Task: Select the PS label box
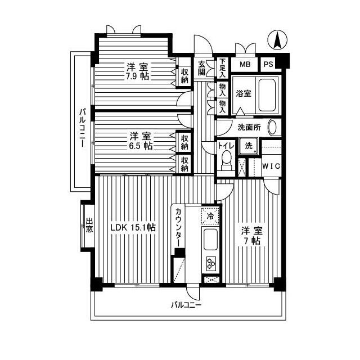(x=268, y=64)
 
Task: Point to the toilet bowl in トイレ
(x=227, y=159)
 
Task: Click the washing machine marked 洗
(x=249, y=146)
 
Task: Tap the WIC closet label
(x=272, y=166)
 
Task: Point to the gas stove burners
(x=210, y=263)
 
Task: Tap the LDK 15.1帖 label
(x=133, y=228)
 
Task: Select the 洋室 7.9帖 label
(x=137, y=71)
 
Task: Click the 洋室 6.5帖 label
(x=140, y=141)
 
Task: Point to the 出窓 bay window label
(x=89, y=225)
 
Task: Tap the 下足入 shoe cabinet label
(x=223, y=67)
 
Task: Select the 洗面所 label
(x=248, y=127)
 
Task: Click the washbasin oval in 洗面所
(x=273, y=127)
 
